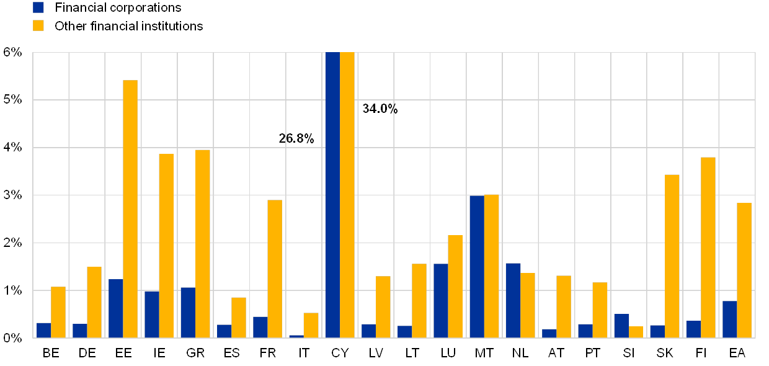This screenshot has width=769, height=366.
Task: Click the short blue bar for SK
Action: pyautogui.click(x=657, y=331)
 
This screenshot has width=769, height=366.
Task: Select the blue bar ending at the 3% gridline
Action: pyautogui.click(x=477, y=266)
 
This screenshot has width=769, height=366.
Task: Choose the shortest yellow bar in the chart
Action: pyautogui.click(x=636, y=332)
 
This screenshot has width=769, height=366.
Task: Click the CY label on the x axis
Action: pyautogui.click(x=340, y=353)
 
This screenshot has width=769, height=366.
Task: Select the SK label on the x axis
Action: pyautogui.click(x=665, y=353)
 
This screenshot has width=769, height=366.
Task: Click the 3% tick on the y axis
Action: pyautogui.click(x=14, y=195)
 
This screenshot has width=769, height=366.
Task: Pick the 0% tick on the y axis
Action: pyautogui.click(x=14, y=338)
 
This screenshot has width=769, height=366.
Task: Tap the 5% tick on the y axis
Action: pyautogui.click(x=14, y=100)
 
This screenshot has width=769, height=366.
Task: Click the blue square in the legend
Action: pyautogui.click(x=38, y=8)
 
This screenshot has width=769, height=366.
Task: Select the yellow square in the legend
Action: pyautogui.click(x=38, y=26)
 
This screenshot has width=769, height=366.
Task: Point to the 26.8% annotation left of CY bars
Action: pyautogui.click(x=296, y=139)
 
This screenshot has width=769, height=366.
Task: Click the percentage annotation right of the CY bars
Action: pyautogui.click(x=380, y=109)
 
